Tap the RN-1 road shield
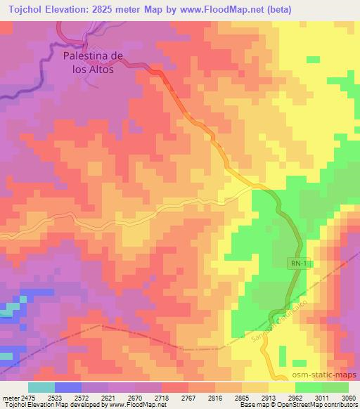click(x=299, y=263)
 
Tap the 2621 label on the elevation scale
click(x=109, y=397)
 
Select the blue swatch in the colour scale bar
click(x=67, y=387)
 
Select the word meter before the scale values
click(x=10, y=397)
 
